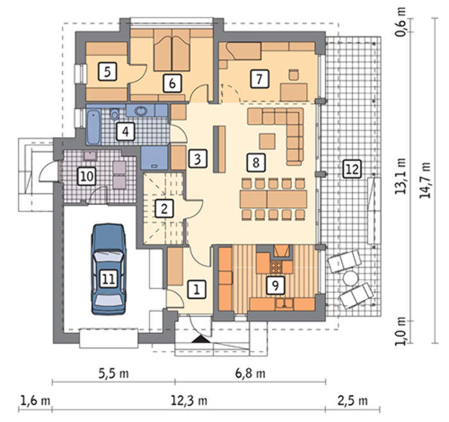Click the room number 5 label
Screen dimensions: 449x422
(x=107, y=72)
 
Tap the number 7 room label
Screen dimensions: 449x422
(x=259, y=78)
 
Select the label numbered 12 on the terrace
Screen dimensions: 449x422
(x=352, y=169)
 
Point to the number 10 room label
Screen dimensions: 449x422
(x=87, y=176)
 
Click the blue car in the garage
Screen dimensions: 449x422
(x=108, y=269)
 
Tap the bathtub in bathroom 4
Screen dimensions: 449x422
(x=94, y=127)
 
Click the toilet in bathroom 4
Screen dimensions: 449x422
(x=115, y=115)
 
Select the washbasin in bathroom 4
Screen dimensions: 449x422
(x=140, y=111)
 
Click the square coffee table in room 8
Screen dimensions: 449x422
(x=267, y=141)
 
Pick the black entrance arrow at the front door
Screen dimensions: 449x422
(x=200, y=339)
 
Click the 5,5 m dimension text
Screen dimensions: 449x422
(x=114, y=374)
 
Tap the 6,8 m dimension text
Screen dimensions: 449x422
(x=250, y=374)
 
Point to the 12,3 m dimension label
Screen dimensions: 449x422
(x=189, y=401)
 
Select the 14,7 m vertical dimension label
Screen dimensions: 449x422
(x=425, y=180)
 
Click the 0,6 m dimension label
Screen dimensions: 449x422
(x=400, y=24)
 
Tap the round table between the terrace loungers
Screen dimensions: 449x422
(x=350, y=278)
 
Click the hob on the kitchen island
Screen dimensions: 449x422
(x=276, y=267)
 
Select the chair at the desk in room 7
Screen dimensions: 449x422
(x=294, y=74)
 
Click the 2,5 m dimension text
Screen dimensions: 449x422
(x=353, y=401)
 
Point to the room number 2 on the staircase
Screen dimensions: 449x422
(x=164, y=208)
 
